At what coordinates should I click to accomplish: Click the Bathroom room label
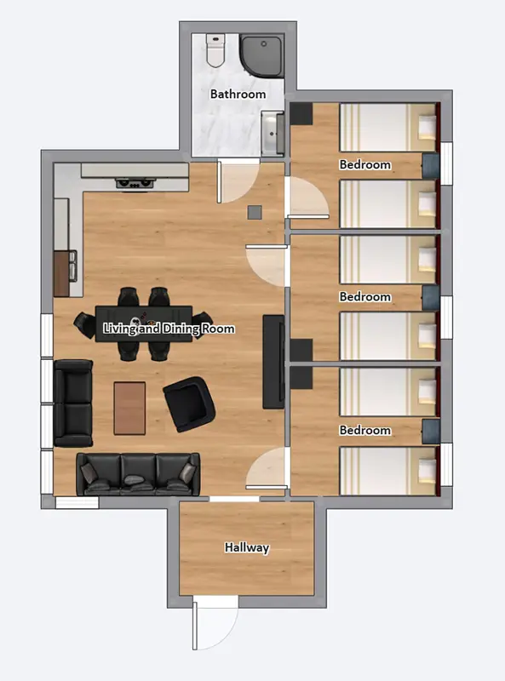click(238, 94)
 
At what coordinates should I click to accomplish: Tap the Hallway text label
click(247, 547)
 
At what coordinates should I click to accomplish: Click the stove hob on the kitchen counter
click(134, 182)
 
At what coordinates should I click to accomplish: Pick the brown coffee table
click(129, 408)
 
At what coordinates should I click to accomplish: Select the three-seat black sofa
click(138, 474)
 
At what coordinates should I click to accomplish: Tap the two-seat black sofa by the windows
click(73, 403)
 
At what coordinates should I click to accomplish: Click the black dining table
click(143, 323)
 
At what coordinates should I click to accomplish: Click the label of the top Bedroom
click(364, 164)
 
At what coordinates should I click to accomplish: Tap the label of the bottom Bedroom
click(364, 430)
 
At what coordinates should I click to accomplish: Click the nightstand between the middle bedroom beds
click(431, 297)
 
